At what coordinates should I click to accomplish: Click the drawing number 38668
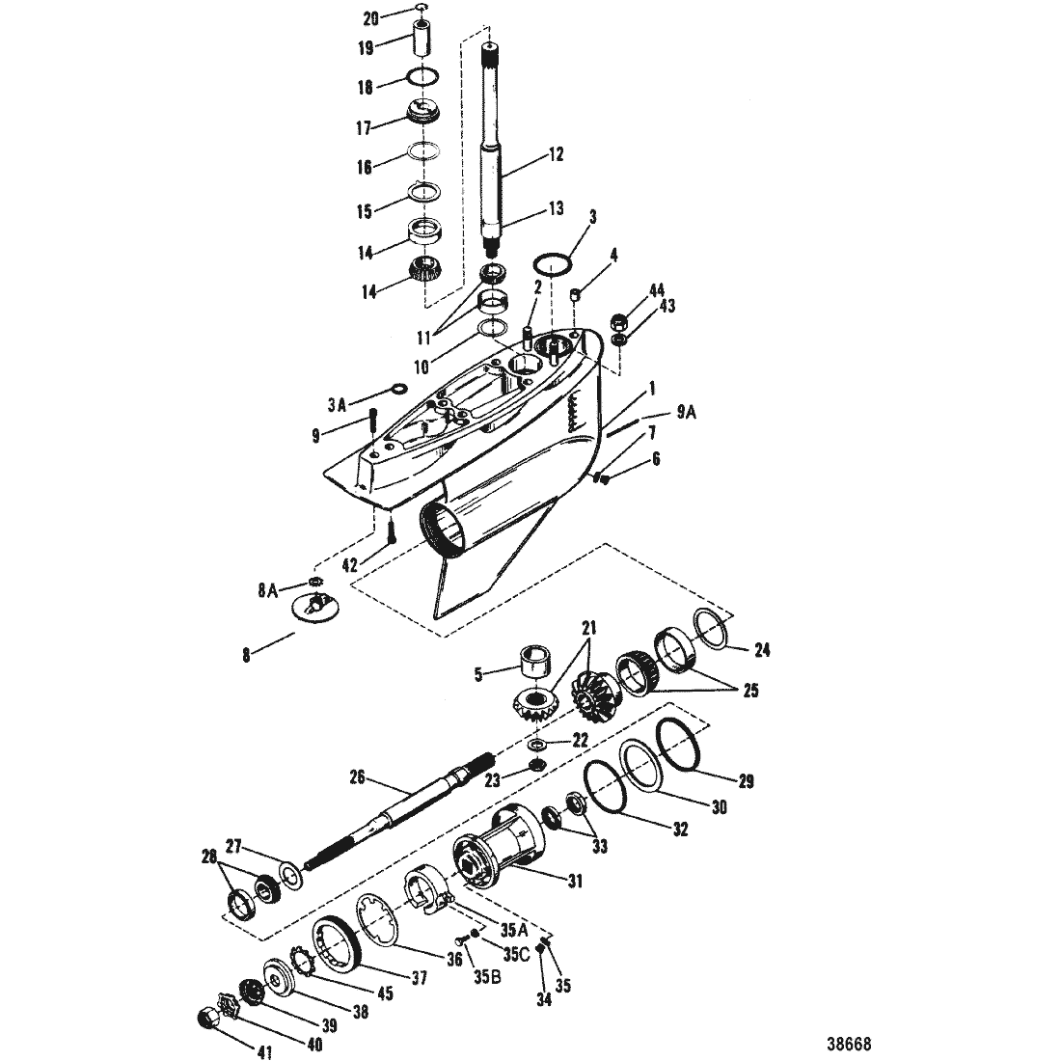pyautogui.click(x=849, y=1043)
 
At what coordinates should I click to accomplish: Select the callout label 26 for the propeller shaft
pyautogui.click(x=357, y=777)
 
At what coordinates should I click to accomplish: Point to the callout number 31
pyautogui.click(x=575, y=881)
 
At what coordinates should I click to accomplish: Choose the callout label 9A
pyautogui.click(x=686, y=412)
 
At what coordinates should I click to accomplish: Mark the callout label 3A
pyautogui.click(x=337, y=405)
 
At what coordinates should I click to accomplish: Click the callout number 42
pyautogui.click(x=349, y=565)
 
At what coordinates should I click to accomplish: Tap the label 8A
pyautogui.click(x=268, y=590)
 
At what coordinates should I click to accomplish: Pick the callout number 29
pyautogui.click(x=745, y=781)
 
